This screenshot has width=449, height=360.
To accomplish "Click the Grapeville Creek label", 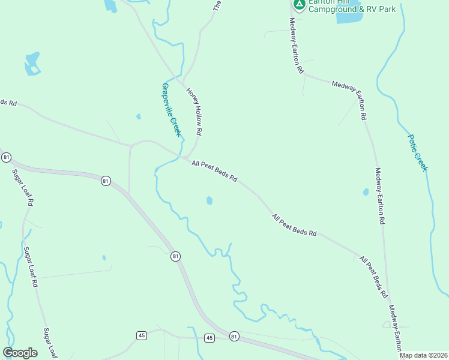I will point(171,109).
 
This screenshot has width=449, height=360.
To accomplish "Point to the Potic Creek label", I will point(418,152).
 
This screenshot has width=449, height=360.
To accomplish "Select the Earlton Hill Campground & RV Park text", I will point(352,6).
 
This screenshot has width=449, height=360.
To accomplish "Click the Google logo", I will point(20,353).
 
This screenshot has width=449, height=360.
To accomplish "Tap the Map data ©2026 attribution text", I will point(424,355).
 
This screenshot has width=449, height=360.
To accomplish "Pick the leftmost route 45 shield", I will point(142,335).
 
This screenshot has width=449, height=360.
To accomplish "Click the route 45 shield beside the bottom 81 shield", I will point(209,338).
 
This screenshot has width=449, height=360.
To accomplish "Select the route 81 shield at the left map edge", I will point(6,157).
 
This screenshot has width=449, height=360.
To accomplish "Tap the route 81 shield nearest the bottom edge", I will point(234,336).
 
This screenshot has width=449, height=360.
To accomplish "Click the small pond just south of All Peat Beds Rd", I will point(209,200).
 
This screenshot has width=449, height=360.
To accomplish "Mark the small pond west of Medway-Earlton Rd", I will point(366,193).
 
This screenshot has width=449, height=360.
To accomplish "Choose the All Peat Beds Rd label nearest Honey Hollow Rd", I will point(215,171).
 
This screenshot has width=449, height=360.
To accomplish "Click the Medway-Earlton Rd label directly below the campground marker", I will point(297,45).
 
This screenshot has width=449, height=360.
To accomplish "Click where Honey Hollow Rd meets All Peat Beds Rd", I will point(187,157).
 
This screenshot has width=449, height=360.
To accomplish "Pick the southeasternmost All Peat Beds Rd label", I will point(372,277).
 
